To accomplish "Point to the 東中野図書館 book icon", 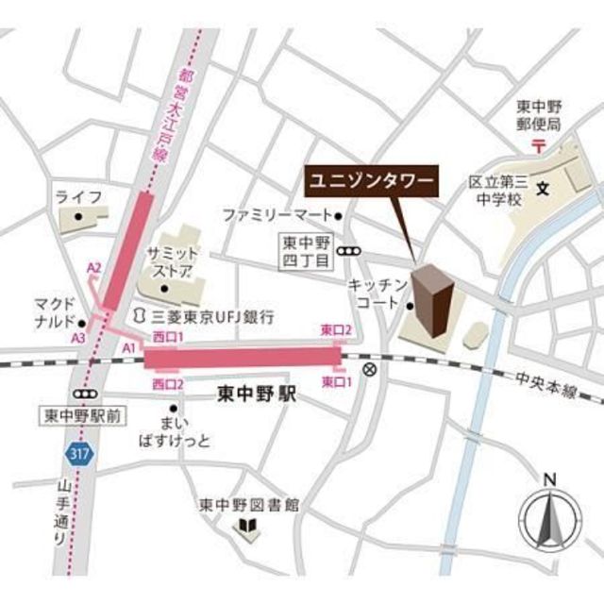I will click(249, 525).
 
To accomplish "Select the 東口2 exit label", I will click(336, 330).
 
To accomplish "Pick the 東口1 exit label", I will click(337, 381).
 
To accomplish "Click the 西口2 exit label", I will click(167, 383).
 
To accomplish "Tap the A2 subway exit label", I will click(93, 269).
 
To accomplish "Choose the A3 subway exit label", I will click(78, 337).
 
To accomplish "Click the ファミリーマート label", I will click(277, 216).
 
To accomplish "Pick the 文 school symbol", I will click(542, 189).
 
